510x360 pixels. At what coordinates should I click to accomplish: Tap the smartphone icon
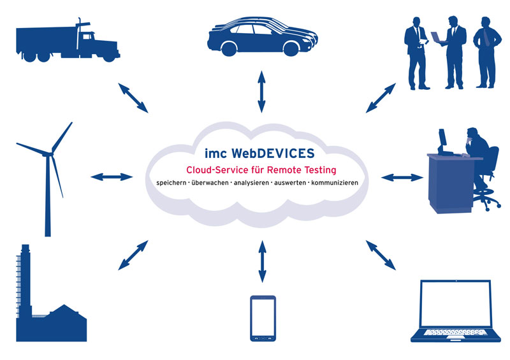point(263,319)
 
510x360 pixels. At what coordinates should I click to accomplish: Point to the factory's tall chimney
point(25,280)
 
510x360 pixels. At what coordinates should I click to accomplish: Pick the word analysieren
point(249,183)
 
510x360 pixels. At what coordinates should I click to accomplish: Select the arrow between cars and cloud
point(260,92)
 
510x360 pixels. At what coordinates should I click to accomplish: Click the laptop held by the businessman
point(438,37)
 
